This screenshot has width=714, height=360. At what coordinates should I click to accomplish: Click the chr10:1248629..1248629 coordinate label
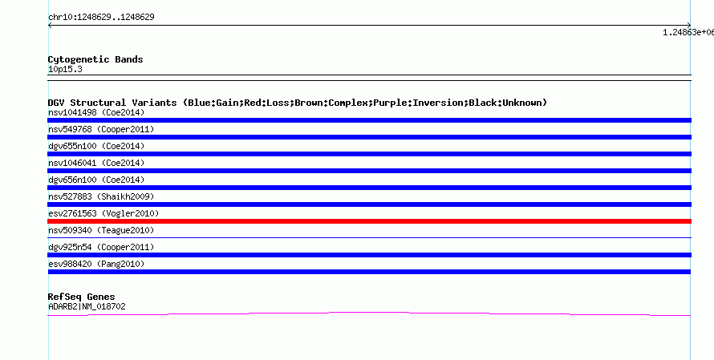pyautogui.click(x=101, y=18)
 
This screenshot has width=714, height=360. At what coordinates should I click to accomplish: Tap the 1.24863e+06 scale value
pyautogui.click(x=688, y=32)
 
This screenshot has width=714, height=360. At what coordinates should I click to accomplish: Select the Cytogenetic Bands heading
pyautogui.click(x=95, y=59)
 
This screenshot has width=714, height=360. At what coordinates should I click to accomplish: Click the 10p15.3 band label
pyautogui.click(x=65, y=70)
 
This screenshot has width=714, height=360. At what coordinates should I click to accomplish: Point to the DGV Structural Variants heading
pyautogui.click(x=298, y=103)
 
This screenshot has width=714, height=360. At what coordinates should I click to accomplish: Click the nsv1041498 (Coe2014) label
pyautogui.click(x=96, y=112)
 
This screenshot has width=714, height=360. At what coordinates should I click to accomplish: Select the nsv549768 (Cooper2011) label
pyautogui.click(x=101, y=129)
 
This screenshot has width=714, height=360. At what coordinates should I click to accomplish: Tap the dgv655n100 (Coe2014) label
pyautogui.click(x=96, y=146)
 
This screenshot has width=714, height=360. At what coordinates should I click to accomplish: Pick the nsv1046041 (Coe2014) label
pyautogui.click(x=96, y=163)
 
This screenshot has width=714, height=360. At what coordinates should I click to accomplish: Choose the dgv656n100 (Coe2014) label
pyautogui.click(x=96, y=180)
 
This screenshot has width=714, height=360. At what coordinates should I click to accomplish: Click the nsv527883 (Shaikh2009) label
pyautogui.click(x=101, y=196)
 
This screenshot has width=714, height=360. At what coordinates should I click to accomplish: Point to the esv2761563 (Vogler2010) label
pyautogui.click(x=103, y=213)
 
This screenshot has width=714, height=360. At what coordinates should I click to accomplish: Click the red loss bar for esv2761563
pyautogui.click(x=369, y=221)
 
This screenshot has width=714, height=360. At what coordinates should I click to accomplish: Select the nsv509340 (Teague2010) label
pyautogui.click(x=101, y=230)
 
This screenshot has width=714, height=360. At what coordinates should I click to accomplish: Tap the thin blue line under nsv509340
pyautogui.click(x=369, y=237)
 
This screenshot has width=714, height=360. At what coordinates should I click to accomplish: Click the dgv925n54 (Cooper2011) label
pyautogui.click(x=101, y=247)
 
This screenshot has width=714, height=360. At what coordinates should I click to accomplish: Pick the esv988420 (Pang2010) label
pyautogui.click(x=96, y=264)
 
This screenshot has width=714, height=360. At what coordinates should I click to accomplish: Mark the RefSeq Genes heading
pyautogui.click(x=81, y=297)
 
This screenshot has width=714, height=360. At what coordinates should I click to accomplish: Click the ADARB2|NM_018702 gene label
pyautogui.click(x=87, y=307)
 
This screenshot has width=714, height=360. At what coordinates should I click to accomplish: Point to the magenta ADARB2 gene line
pyautogui.click(x=369, y=313)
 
